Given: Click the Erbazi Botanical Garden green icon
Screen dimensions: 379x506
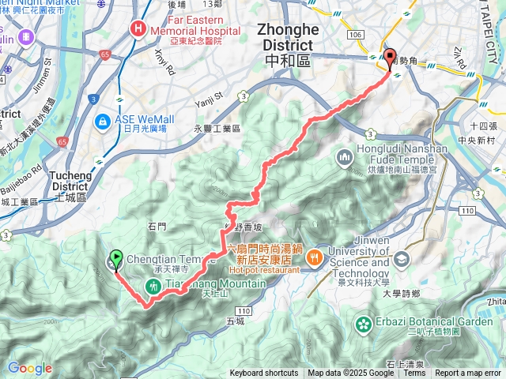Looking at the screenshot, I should [364, 323].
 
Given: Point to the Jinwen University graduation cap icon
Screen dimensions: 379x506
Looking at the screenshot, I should [402, 259].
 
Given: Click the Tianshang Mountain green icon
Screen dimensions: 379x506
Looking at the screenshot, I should [153, 286].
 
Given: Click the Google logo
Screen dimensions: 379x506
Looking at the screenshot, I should [29, 368].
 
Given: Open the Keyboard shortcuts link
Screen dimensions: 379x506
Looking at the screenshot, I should [264, 373].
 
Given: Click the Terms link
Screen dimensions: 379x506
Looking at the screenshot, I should [414, 373].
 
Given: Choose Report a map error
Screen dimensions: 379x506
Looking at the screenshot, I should [469, 373].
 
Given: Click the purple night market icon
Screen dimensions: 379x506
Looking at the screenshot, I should [26, 36].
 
